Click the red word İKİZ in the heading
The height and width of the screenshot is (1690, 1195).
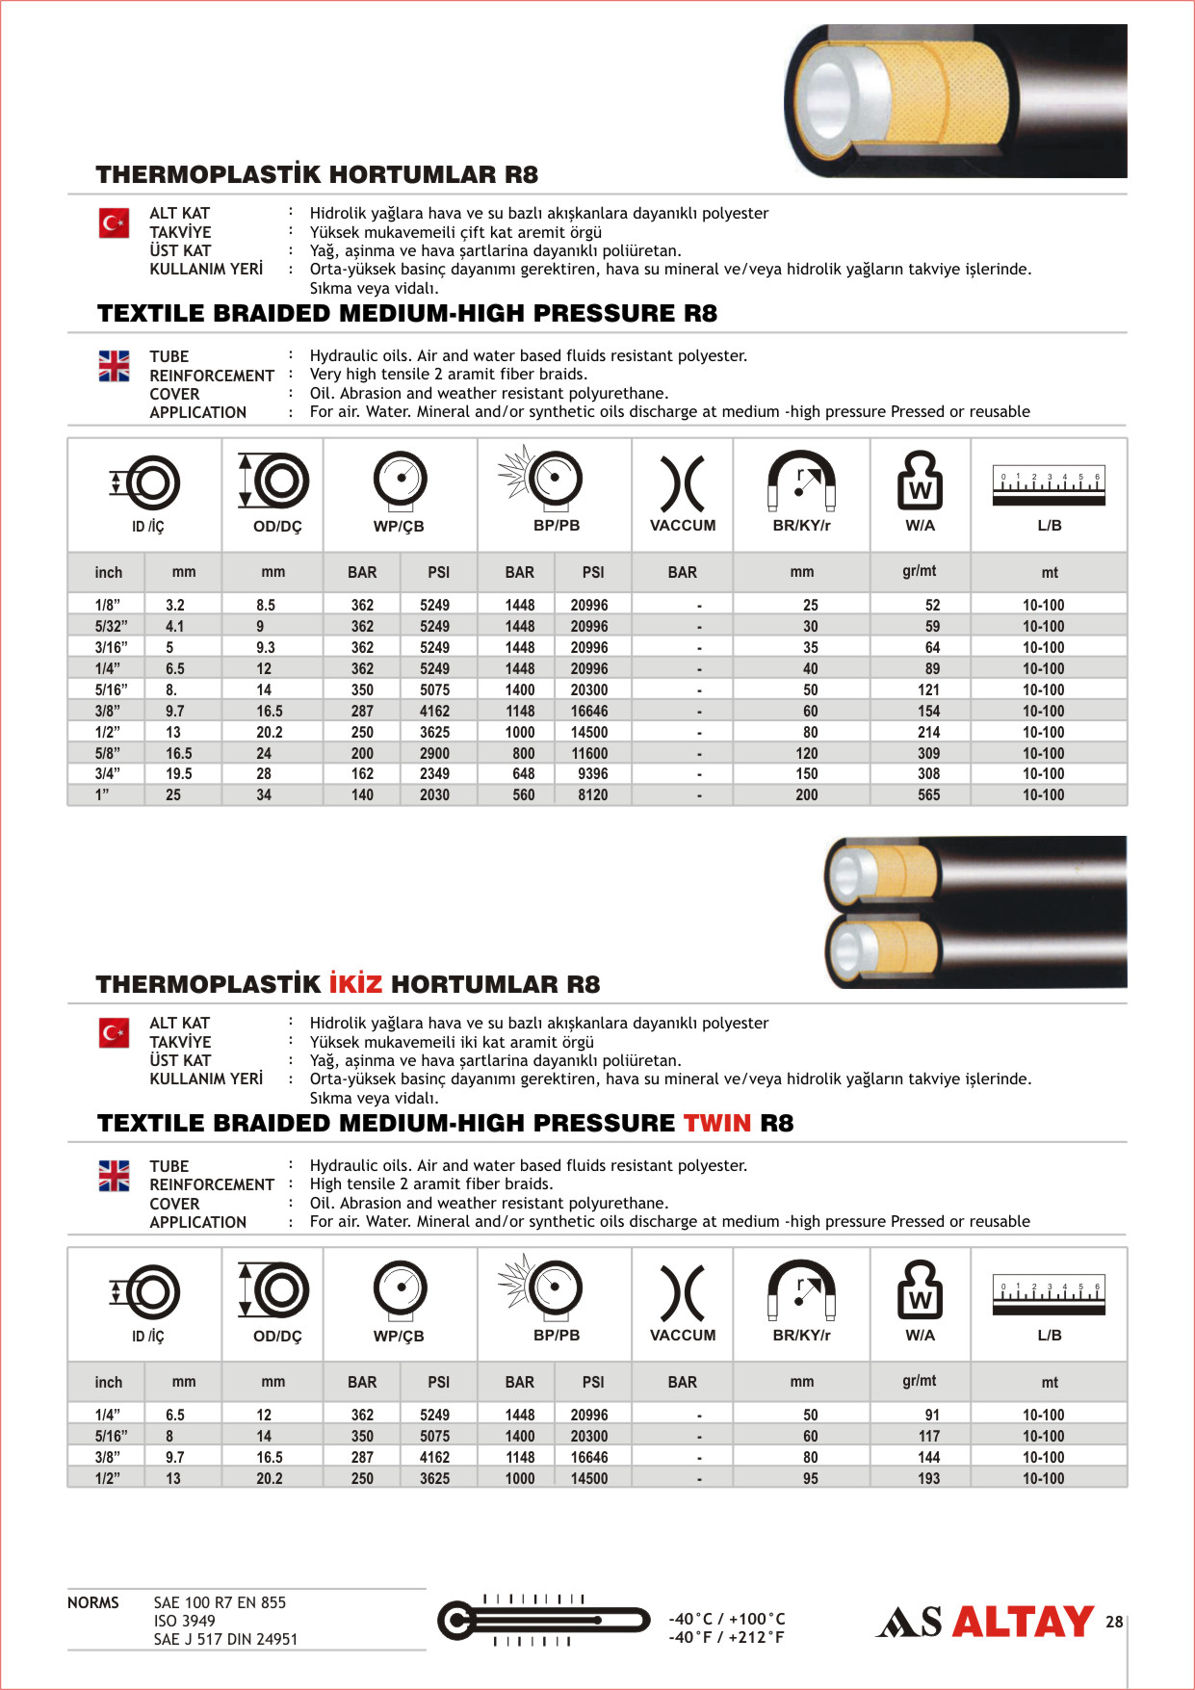355,984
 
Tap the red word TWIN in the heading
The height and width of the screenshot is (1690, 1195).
716,1123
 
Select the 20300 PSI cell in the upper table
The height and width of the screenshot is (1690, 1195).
588,689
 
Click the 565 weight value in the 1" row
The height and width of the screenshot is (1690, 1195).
928,794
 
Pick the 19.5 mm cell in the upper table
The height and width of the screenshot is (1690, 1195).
178,773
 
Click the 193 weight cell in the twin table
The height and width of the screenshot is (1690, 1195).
928,1478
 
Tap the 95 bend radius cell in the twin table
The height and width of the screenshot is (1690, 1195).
810,1478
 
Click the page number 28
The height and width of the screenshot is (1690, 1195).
1114,1622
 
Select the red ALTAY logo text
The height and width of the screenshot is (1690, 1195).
1023,1622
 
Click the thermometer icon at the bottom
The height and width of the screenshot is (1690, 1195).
544,1621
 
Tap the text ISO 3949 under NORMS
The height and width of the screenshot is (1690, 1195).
185,1621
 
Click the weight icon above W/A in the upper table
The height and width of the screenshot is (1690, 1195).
920,481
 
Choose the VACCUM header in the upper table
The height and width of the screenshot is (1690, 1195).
683,525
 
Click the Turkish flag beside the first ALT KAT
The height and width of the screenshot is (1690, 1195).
115,223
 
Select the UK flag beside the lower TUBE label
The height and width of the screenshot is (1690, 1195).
115,1176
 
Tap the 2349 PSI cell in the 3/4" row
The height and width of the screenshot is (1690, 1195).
434,773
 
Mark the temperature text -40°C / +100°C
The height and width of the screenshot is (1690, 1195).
727,1619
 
